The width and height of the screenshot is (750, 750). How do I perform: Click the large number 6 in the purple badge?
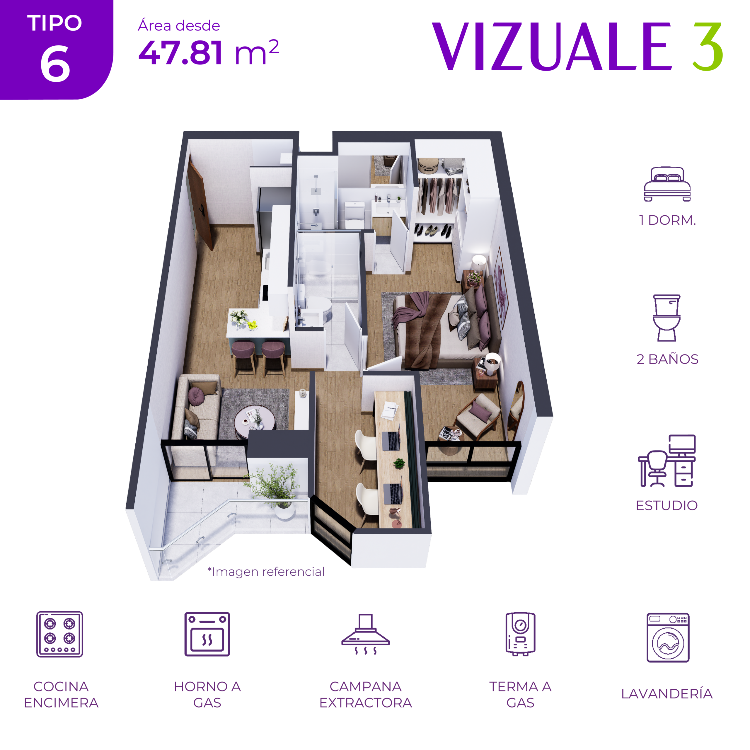coord(55,63)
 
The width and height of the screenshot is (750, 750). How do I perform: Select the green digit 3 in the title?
coord(708,47)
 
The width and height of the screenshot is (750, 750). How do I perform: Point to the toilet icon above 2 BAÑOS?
coord(667,318)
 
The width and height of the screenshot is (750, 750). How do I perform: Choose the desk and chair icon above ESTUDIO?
coord(667,461)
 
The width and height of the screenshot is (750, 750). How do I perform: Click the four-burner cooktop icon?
coord(60,634)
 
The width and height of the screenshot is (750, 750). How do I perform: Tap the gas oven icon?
coord(207,634)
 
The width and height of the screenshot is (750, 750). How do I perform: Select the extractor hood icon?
coord(365,634)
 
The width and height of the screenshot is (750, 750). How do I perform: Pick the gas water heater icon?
coord(521,634)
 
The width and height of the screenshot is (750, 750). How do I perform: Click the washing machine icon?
coord(668,638)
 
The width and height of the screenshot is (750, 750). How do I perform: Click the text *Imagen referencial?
coord(266,572)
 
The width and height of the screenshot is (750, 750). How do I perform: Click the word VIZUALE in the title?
coord(552,47)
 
